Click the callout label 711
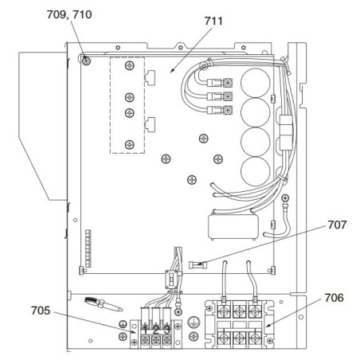[213, 21]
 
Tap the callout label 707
[337, 225]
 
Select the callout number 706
[334, 298]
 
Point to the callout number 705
[41, 311]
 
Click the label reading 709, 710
[69, 14]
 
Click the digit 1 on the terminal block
[145, 331]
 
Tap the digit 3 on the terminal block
[166, 331]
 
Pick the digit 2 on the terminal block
[156, 331]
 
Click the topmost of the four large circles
[256, 83]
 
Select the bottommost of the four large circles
[256, 171]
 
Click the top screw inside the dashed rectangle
[129, 65]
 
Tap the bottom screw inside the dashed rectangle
[129, 145]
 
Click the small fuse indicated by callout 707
[198, 264]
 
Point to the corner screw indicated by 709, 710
[86, 61]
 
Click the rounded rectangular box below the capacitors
[233, 226]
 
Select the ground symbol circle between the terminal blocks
[193, 322]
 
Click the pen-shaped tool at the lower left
[104, 303]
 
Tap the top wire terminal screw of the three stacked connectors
[228, 83]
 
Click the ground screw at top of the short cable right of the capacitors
[285, 198]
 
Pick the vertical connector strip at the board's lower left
[88, 248]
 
